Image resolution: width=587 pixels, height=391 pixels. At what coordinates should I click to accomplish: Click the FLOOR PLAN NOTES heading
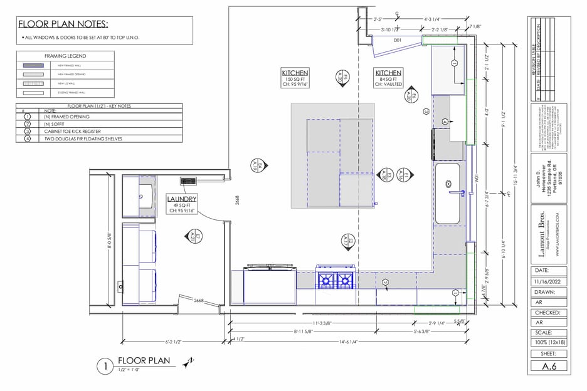tap(63, 24)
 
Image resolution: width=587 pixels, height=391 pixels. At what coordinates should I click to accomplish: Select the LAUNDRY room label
tap(182, 199)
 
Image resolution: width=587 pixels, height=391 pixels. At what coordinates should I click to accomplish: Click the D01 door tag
tap(397, 40)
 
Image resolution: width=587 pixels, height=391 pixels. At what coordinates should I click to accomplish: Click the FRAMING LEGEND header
tap(65, 56)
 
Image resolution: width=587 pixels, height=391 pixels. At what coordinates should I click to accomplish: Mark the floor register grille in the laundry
tap(188, 181)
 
